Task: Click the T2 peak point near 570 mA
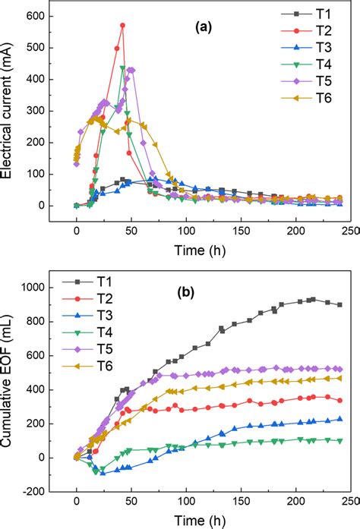pyautogui.click(x=122, y=25)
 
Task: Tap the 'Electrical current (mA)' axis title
pyautogui.click(x=13, y=112)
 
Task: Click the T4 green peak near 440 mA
pyautogui.click(x=123, y=68)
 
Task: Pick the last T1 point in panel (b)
pyautogui.click(x=339, y=305)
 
